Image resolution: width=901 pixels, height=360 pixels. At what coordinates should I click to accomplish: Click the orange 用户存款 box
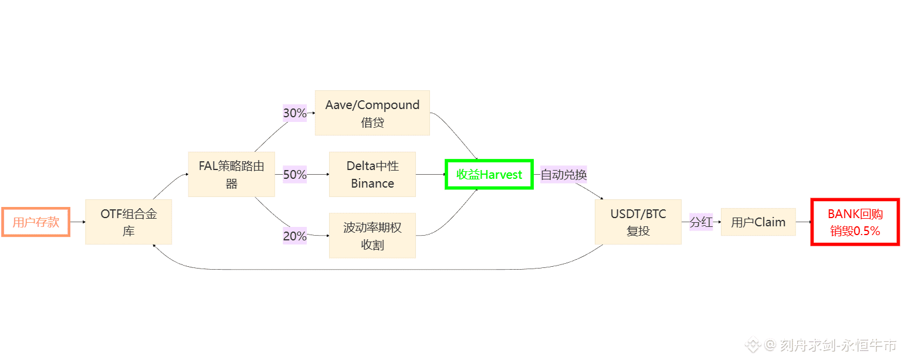(36, 222)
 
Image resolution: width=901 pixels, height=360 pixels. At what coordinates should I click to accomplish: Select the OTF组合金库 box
(128, 222)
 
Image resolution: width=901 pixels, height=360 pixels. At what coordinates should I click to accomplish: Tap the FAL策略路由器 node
(232, 174)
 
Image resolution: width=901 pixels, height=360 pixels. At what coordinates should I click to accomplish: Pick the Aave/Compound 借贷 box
(372, 113)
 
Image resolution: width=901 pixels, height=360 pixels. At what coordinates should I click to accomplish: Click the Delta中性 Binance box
(372, 174)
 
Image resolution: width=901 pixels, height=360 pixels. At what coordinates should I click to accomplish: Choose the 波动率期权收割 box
(372, 236)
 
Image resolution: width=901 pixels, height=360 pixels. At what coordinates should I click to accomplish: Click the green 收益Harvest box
(489, 174)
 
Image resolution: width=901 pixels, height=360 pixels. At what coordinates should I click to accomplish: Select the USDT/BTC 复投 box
(638, 222)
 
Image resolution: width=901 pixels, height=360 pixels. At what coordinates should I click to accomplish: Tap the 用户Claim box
(758, 222)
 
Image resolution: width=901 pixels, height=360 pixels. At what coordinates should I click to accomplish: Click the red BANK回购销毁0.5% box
(855, 222)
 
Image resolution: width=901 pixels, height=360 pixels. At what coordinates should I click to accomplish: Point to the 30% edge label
(295, 113)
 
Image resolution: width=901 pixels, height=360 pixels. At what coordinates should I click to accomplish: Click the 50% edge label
(295, 174)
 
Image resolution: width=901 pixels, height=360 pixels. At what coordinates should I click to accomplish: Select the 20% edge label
(295, 236)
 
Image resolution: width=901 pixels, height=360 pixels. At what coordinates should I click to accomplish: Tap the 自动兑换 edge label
(564, 174)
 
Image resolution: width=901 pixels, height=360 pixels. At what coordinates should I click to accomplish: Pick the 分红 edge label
(701, 222)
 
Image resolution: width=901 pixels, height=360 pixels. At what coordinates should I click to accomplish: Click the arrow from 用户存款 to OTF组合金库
(77, 222)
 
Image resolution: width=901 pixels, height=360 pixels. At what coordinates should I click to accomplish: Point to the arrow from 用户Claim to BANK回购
(803, 222)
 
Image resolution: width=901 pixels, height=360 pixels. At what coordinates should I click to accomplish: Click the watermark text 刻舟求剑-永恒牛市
(838, 345)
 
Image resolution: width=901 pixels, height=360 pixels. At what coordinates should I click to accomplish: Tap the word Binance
(372, 184)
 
